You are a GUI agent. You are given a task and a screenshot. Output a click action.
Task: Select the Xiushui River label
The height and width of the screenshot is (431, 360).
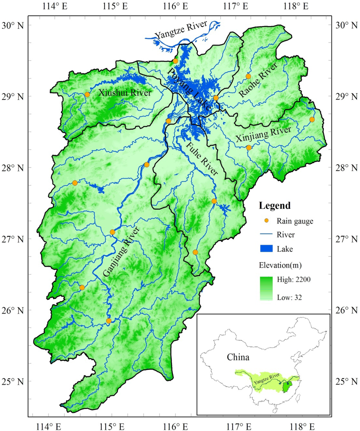coord(125,93)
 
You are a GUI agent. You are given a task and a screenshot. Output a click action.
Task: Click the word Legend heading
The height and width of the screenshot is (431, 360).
coord(275,205)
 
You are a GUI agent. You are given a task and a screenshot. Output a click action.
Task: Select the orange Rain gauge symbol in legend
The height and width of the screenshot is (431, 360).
coord(267,221)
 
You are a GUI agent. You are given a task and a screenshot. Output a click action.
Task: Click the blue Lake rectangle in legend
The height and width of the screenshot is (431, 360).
coord(267,249)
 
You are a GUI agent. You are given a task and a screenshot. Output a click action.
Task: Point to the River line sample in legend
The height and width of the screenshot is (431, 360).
coord(267,234)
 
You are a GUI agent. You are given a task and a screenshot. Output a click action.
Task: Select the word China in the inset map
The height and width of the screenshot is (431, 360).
coord(238,357)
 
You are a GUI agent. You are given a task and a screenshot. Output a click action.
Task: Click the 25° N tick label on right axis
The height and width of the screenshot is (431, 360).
coord(344,381)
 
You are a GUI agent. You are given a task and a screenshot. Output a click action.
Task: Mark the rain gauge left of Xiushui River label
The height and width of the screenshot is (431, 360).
coord(87,94)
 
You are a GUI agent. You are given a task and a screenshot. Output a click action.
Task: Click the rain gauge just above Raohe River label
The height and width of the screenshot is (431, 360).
coord(248,76)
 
